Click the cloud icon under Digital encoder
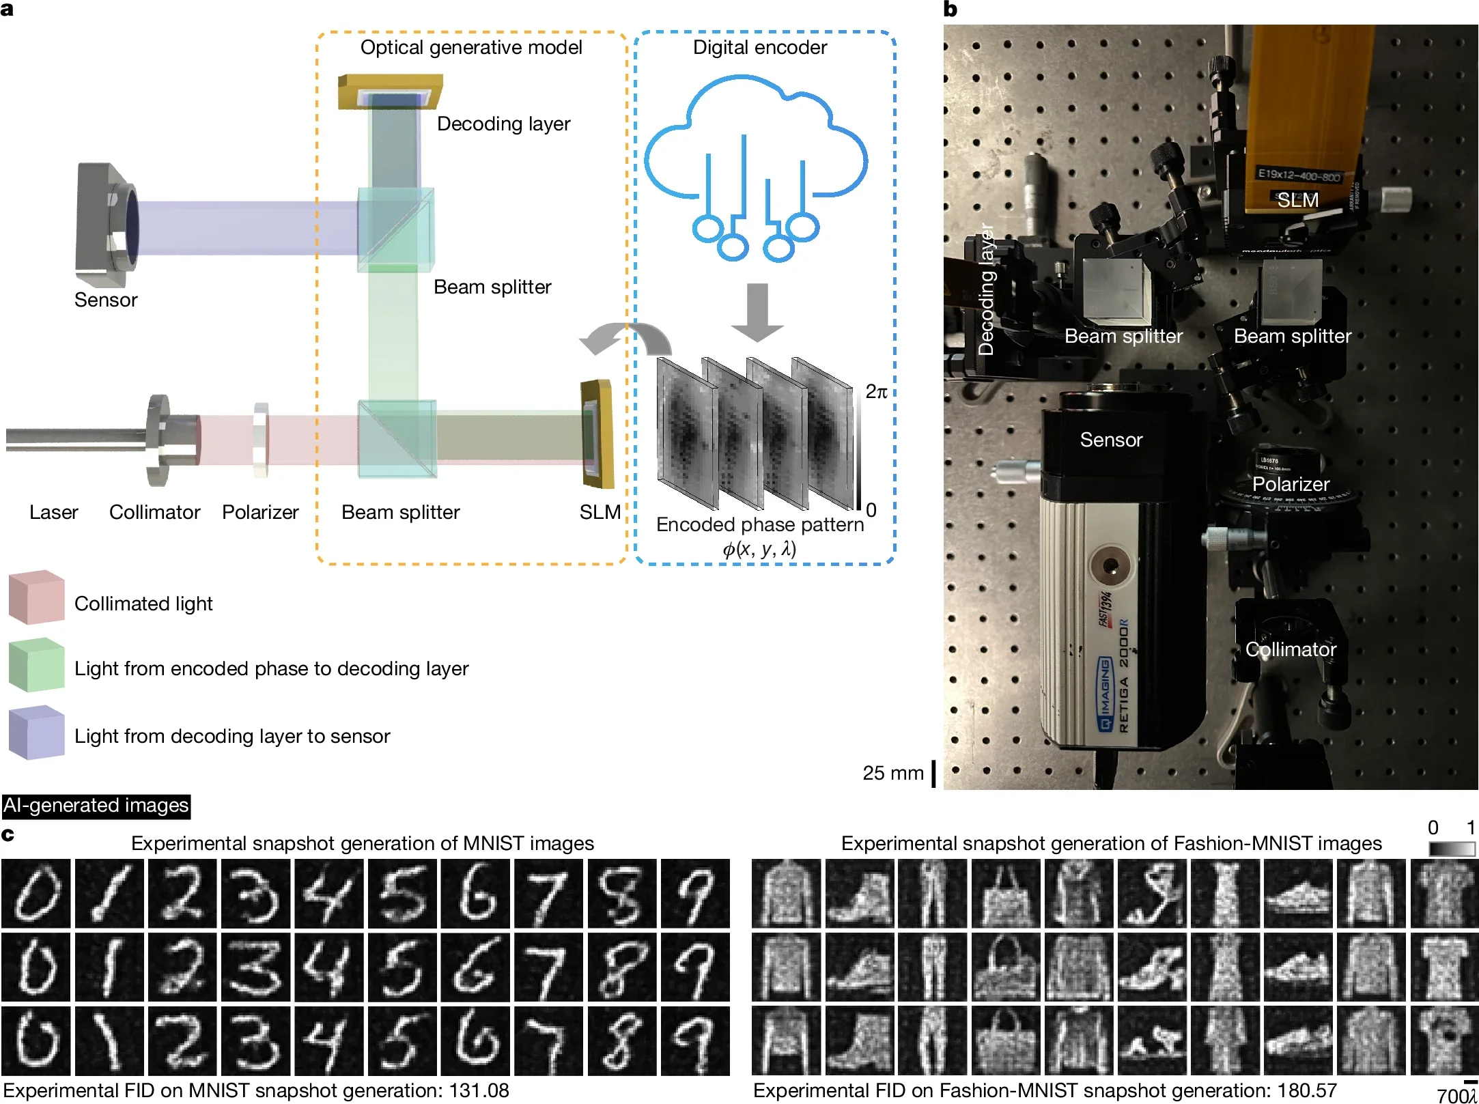coord(757,164)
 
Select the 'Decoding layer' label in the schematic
coord(503,124)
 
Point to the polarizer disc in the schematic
coord(260,440)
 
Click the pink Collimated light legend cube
coord(36,597)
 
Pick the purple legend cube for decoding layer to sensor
coord(36,733)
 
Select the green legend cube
coord(36,665)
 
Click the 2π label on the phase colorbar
coord(876,392)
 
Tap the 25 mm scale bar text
coord(892,773)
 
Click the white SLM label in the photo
coord(1297,200)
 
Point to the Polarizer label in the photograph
coord(1291,484)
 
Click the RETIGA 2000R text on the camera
coord(1123,676)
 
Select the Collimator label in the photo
coord(1291,649)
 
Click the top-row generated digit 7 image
coord(548,893)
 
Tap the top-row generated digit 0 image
coord(36,893)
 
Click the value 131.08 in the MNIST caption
coord(479,1090)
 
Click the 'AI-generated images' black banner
coord(96,806)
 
